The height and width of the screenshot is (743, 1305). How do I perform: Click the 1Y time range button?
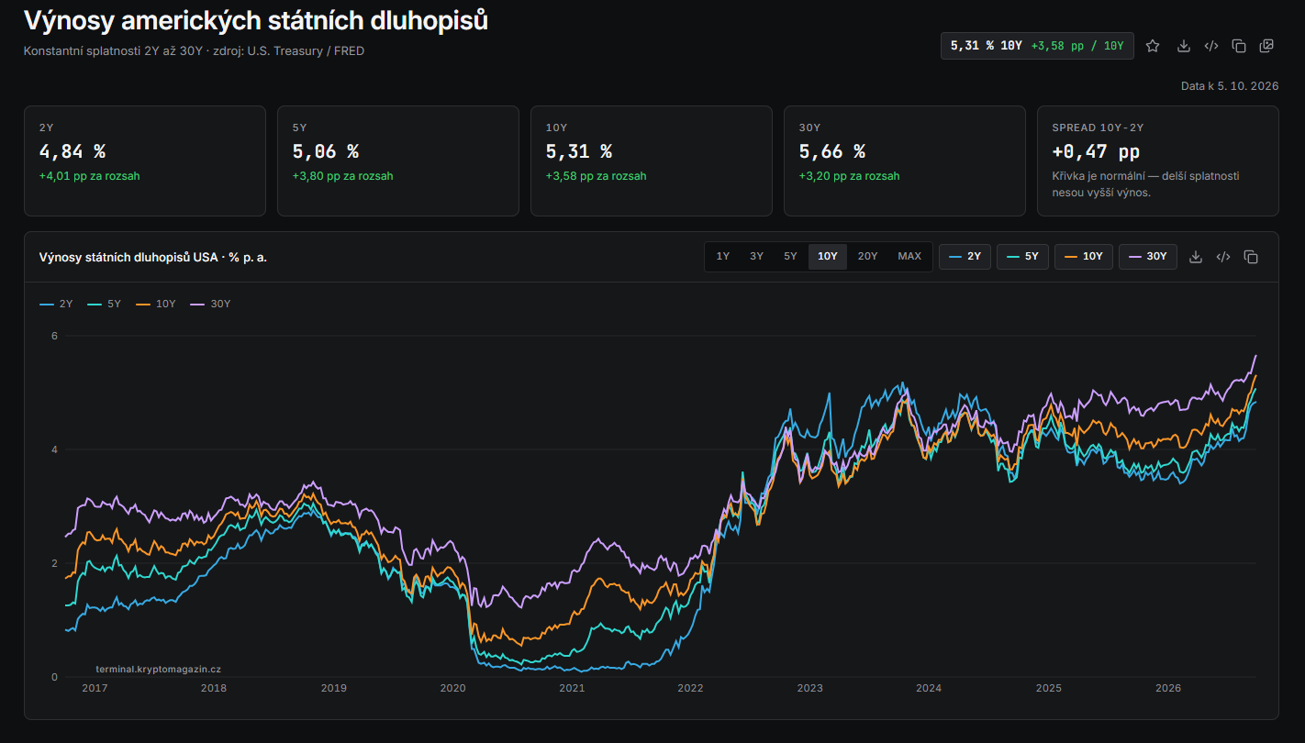click(x=722, y=256)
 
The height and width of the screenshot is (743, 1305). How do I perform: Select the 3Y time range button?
click(x=756, y=256)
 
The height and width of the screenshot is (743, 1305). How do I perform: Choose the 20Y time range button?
click(x=867, y=256)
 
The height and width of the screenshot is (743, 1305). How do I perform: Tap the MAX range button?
click(x=909, y=256)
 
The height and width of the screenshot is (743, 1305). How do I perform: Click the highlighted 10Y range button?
click(x=827, y=256)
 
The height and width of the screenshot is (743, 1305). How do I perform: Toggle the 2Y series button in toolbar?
click(x=965, y=257)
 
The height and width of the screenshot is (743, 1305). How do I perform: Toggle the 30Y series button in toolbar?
click(x=1148, y=257)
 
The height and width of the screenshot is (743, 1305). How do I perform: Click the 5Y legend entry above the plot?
click(x=105, y=304)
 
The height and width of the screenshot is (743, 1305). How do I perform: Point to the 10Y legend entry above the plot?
click(x=155, y=304)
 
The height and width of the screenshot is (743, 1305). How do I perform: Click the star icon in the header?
click(x=1153, y=46)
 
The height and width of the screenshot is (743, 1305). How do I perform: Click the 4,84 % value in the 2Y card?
click(x=72, y=152)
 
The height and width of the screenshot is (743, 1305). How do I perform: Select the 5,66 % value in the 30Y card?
click(x=832, y=152)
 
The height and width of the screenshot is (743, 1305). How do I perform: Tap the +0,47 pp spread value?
click(x=1096, y=152)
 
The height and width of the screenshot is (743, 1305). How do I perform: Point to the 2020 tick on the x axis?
click(x=452, y=688)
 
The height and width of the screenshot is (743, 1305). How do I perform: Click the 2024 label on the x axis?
click(x=929, y=688)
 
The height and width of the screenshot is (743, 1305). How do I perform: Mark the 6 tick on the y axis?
click(x=55, y=336)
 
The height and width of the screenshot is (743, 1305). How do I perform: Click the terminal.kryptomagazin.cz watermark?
click(x=159, y=670)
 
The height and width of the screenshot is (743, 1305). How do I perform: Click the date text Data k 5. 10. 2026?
click(x=1230, y=86)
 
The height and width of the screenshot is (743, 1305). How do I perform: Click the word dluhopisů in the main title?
click(x=429, y=21)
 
